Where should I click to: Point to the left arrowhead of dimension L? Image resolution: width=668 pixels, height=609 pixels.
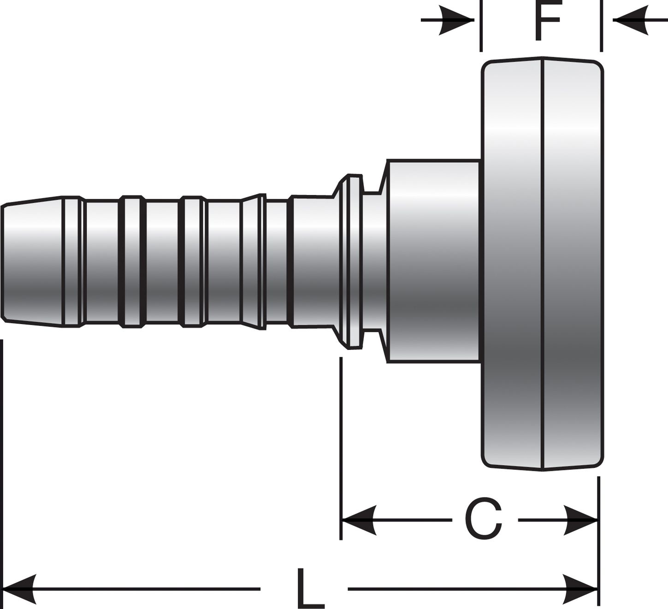[19, 589]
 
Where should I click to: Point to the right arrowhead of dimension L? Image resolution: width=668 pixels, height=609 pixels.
[580, 589]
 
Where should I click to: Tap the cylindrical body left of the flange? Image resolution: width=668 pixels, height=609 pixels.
[433, 261]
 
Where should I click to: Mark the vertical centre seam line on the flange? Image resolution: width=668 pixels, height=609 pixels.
[542, 264]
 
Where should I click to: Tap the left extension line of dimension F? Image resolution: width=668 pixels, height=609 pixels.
[481, 26]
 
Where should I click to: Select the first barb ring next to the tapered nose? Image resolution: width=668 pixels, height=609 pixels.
[73, 261]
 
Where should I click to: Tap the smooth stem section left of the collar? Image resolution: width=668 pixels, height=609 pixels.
[313, 262]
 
